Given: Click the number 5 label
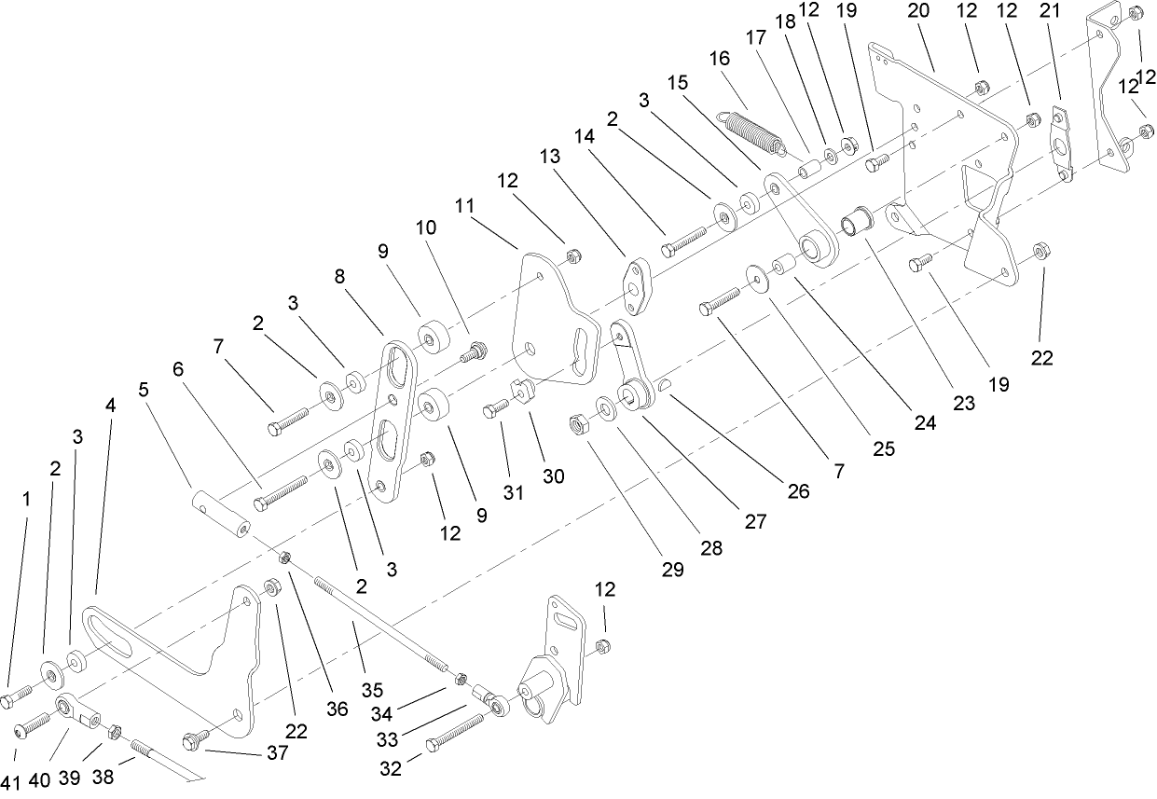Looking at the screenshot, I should (x=143, y=389).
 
